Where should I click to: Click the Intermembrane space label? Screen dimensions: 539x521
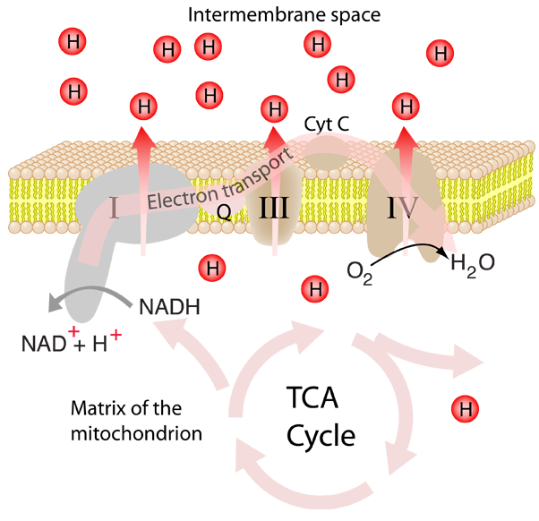pos(285,15)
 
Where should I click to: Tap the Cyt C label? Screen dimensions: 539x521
pos(327,124)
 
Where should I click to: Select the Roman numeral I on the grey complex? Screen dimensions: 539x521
pos(115,208)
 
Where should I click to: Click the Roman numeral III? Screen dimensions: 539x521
pos(274,208)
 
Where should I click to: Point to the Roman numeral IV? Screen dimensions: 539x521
pos(403,208)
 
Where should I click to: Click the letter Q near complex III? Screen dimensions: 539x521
pos(225,211)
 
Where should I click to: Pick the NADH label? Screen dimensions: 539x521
pos(169,307)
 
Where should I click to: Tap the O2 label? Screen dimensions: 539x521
pos(360,272)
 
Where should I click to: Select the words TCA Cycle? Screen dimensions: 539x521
pos(321,416)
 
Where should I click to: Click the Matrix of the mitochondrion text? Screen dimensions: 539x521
pos(136,421)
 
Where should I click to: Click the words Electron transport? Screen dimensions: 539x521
pos(220,181)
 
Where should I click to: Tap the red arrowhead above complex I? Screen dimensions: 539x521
pos(143,138)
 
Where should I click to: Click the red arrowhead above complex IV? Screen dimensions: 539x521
pos(406,138)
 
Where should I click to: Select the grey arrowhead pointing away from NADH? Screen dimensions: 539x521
pos(55,303)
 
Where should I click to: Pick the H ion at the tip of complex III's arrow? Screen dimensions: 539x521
pos(274,109)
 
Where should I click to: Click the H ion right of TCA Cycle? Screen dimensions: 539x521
pos(465,409)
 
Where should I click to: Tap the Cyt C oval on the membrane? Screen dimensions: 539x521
pos(328,153)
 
